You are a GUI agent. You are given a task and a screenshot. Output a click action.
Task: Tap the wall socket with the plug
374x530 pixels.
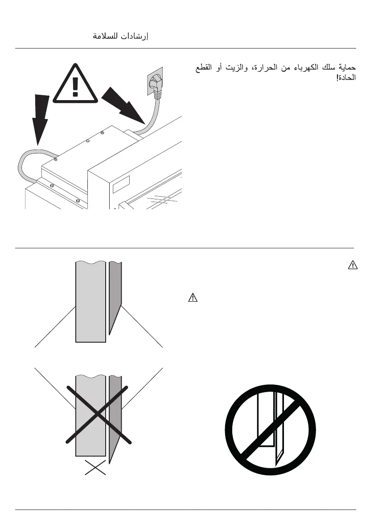[155, 81]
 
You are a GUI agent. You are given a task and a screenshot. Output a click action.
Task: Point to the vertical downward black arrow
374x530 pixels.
[40, 118]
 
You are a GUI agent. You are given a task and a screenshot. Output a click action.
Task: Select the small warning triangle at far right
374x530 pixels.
[352, 266]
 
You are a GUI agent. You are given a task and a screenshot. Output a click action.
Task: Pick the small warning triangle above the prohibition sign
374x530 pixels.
[192, 298]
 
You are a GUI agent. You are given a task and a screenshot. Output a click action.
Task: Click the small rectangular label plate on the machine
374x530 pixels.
[121, 184]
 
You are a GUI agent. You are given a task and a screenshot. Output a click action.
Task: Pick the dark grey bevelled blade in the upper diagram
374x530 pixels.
[115, 298]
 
